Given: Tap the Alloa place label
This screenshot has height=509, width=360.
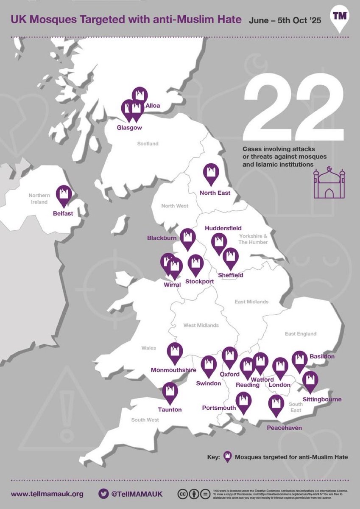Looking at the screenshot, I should tap(153, 105).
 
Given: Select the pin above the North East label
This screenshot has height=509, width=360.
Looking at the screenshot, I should tap(211, 173).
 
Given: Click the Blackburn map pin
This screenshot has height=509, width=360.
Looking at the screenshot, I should tap(187, 238).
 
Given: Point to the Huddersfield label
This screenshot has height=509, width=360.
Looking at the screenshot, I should tap(223, 228).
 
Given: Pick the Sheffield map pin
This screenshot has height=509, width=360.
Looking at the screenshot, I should tap(231, 257).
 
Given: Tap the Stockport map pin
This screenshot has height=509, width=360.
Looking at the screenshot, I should tap(195, 263).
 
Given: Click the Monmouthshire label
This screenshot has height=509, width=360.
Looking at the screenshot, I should tap(173, 370).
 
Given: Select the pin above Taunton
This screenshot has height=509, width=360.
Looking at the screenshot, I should tap(170, 392).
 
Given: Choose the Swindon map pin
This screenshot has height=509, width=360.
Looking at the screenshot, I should tap(209, 365).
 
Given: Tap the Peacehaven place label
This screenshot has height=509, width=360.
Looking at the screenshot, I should tap(284, 428).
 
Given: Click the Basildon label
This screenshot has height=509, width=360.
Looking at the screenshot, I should tap(322, 357).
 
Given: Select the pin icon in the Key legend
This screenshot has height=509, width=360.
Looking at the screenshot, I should tap(227, 457).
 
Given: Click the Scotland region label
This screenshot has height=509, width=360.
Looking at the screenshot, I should tap(148, 144).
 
